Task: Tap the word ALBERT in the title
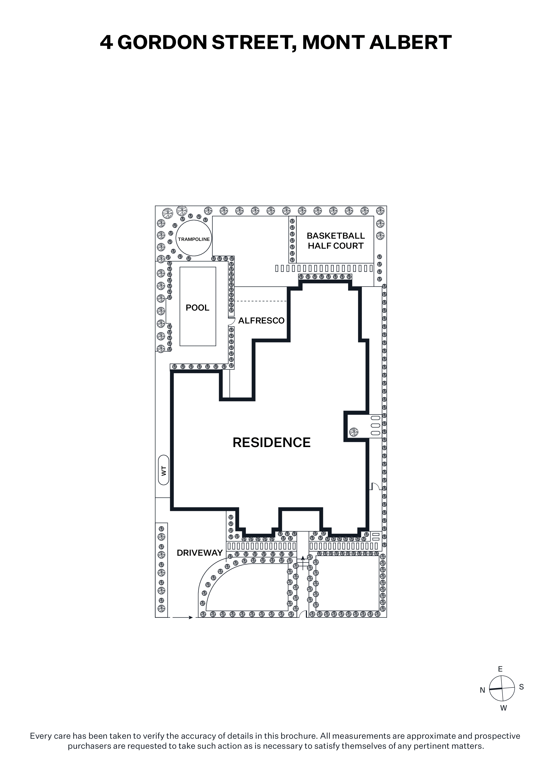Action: (410, 43)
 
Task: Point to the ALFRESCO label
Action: (261, 320)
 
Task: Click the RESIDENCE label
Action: (271, 443)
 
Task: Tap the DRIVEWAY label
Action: (200, 553)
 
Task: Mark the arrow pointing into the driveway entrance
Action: (183, 617)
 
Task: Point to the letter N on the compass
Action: (482, 690)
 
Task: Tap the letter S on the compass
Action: (521, 687)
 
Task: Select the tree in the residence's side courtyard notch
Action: (354, 432)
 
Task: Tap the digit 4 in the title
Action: (106, 43)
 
